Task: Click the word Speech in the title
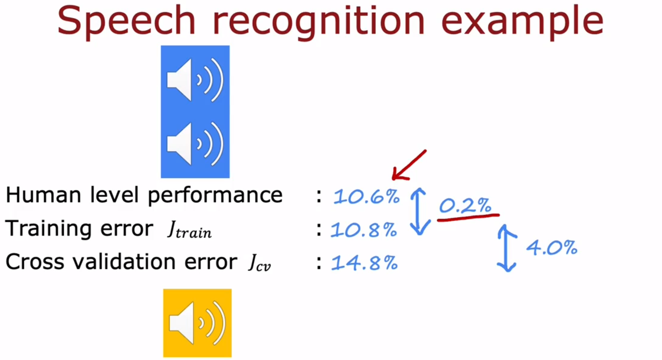click(126, 22)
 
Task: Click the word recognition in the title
click(319, 22)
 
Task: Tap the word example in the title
click(522, 22)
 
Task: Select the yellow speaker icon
click(197, 323)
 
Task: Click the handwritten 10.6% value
click(366, 197)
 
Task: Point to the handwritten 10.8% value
click(364, 230)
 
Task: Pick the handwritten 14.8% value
click(364, 263)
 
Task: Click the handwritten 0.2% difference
click(465, 205)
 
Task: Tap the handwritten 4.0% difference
click(552, 247)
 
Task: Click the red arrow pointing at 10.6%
click(409, 165)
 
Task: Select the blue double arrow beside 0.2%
click(419, 211)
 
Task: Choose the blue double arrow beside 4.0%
click(507, 248)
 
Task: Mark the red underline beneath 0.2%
click(469, 218)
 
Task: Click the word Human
click(43, 195)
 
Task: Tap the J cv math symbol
click(259, 263)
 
